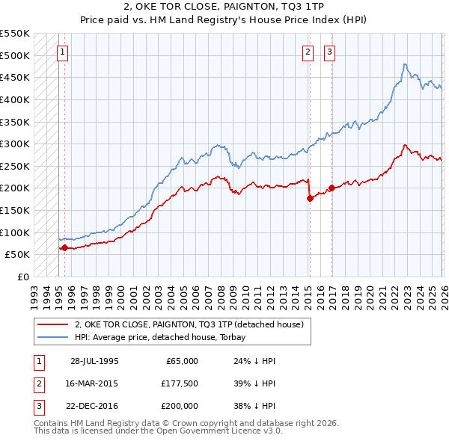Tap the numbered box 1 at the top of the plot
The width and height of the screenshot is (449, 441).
[x=61, y=52]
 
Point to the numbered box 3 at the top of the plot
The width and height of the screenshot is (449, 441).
[x=330, y=52]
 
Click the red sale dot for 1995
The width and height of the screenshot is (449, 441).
[x=64, y=247]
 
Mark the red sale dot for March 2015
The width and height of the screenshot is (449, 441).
[x=309, y=198]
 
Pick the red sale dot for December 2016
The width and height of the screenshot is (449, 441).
[x=332, y=188]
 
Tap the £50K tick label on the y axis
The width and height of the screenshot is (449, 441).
[x=18, y=255]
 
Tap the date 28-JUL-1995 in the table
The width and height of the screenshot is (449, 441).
[x=94, y=361]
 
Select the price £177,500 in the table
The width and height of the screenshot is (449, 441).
[x=180, y=383]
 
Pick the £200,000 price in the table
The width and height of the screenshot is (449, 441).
[x=180, y=406]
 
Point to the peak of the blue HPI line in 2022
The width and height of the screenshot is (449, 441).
[x=404, y=64]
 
